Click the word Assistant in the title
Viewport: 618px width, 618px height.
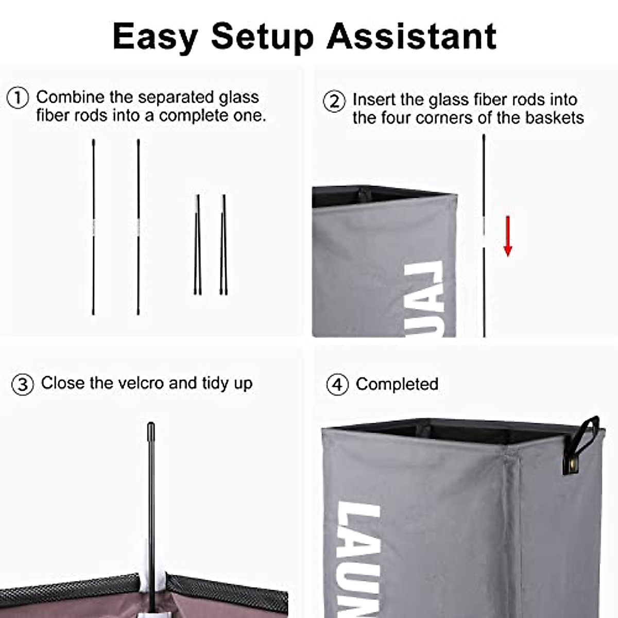pos(411,36)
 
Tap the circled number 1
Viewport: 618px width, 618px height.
pos(18,97)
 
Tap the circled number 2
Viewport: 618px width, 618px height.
pos(334,101)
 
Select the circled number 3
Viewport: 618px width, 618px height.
pos(23,384)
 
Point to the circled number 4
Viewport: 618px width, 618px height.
pos(337,385)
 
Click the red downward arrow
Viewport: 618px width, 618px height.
pos(508,236)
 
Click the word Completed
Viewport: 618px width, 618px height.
pos(397,384)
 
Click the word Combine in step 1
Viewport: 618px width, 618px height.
pos(70,97)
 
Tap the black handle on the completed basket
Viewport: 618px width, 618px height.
pos(585,438)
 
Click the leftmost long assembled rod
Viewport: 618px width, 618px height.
pos(93,227)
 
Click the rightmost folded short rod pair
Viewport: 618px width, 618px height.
pos(224,245)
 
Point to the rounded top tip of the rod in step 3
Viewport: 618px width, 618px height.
pos(151,426)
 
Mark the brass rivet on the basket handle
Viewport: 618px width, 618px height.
pos(571,467)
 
